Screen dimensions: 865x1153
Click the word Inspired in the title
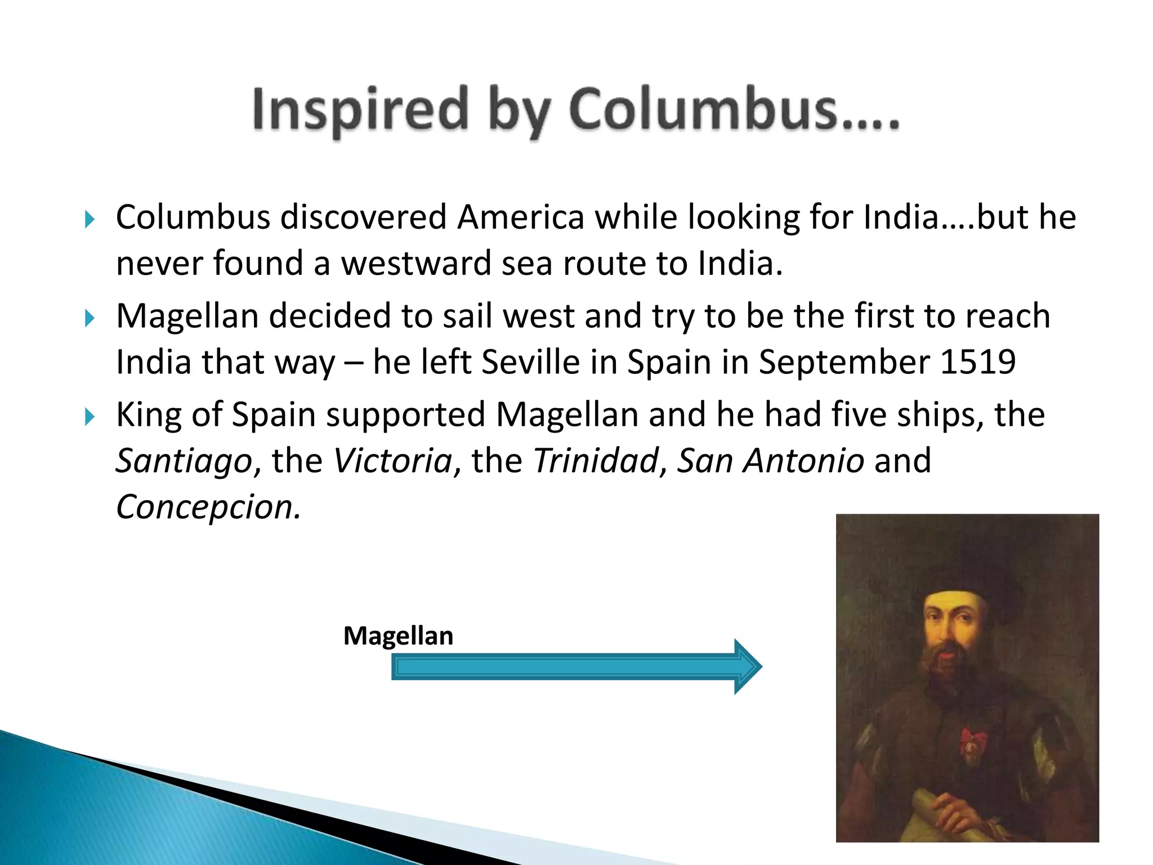point(360,110)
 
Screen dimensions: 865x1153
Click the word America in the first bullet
point(521,217)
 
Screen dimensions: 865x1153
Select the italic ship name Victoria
point(393,461)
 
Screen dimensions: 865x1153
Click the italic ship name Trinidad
point(595,461)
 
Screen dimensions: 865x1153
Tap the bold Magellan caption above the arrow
point(398,636)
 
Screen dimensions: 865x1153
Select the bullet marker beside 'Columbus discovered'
point(89,220)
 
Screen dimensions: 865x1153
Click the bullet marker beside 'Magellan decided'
point(89,318)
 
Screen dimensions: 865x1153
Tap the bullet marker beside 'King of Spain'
point(89,417)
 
